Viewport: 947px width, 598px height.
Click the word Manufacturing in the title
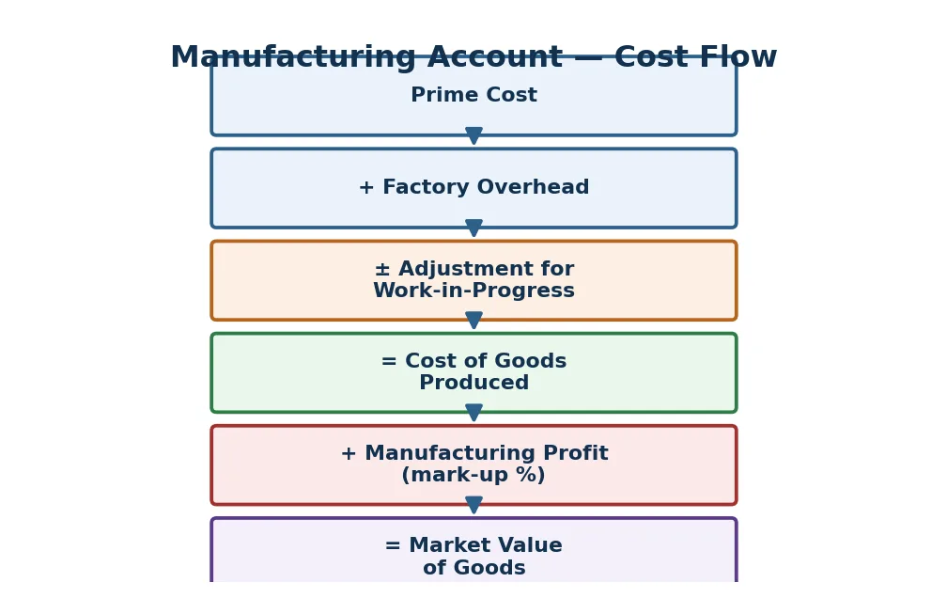293,58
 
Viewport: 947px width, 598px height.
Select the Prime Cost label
473,95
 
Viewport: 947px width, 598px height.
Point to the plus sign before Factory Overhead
366,188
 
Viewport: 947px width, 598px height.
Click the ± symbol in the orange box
381,269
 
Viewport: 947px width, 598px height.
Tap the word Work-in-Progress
473,291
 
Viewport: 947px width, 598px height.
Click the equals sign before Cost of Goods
389,362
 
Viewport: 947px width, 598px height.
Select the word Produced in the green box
473,383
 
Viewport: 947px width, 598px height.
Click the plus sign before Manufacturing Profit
348,453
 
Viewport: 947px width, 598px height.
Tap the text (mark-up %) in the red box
473,475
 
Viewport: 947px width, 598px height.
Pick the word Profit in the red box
576,453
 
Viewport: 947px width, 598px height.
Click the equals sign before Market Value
393,546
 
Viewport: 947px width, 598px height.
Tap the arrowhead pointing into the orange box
473,228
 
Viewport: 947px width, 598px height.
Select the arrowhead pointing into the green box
473,321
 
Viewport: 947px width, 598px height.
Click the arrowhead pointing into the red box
473,413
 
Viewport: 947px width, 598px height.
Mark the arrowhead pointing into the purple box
473,505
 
